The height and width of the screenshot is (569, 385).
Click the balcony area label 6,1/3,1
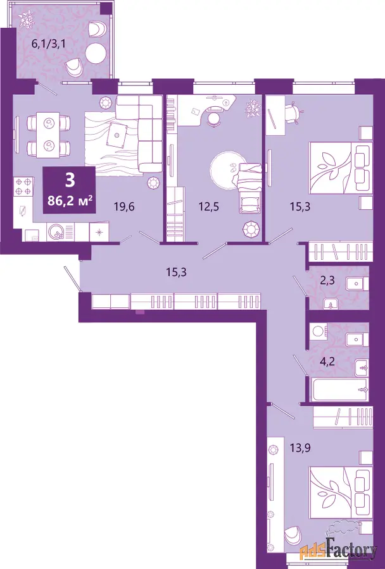click(45, 44)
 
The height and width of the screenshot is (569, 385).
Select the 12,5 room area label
click(210, 207)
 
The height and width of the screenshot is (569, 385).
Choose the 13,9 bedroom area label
click(300, 448)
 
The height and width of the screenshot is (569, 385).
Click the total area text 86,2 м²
click(70, 200)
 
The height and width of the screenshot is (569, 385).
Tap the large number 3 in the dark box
click(70, 181)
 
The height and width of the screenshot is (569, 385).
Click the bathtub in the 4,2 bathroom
click(341, 390)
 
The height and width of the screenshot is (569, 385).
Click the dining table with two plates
click(48, 134)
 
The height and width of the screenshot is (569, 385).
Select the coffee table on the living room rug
click(118, 135)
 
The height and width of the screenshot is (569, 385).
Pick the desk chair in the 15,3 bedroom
click(293, 111)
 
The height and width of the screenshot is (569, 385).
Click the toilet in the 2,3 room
click(330, 303)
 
